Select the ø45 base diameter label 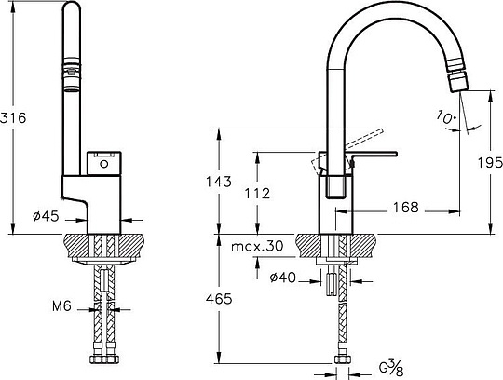(46, 216)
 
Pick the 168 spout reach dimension (403, 207)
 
